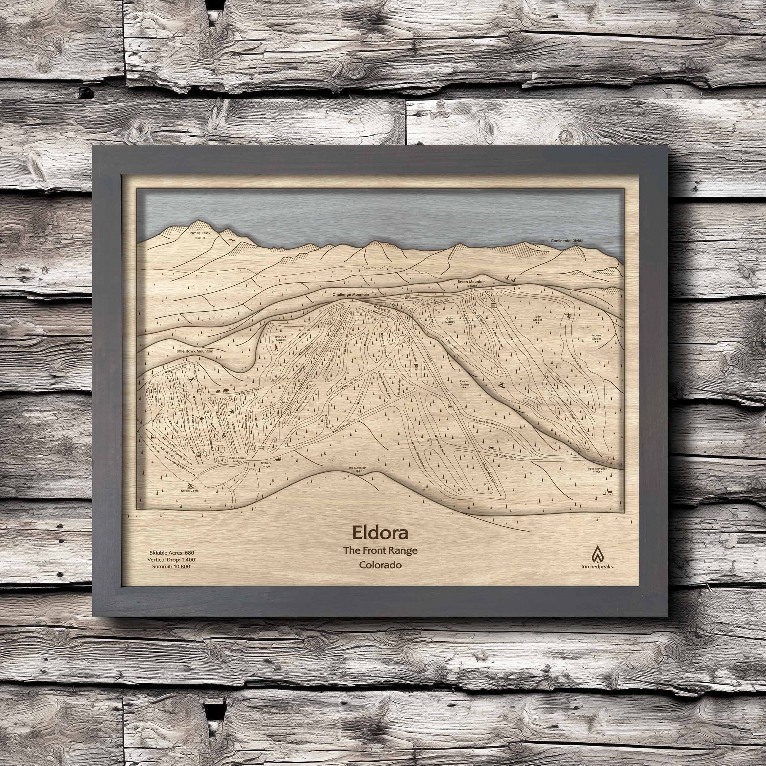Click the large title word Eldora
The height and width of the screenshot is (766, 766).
point(379,533)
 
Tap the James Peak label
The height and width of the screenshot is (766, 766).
point(200,233)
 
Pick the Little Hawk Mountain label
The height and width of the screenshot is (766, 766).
point(195,351)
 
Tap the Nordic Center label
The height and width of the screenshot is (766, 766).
point(191,491)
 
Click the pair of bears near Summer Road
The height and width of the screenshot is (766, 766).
point(222,392)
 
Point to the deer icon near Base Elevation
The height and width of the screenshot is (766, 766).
point(609,492)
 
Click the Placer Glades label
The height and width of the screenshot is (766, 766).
point(464,383)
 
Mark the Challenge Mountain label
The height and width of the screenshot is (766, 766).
point(351,295)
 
